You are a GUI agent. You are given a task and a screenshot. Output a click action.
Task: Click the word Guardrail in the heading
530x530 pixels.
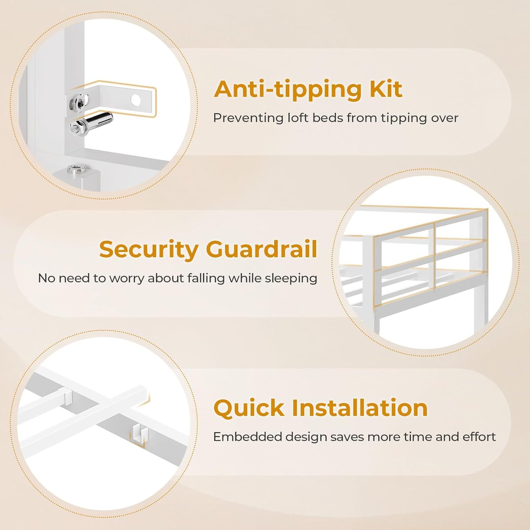coord(262,249)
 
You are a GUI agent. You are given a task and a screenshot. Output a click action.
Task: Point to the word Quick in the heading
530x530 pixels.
coord(249,408)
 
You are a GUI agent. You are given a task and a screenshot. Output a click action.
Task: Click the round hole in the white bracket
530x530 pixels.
coord(136,100)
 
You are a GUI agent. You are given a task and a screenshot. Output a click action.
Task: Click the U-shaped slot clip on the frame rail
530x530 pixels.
coord(140,432)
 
